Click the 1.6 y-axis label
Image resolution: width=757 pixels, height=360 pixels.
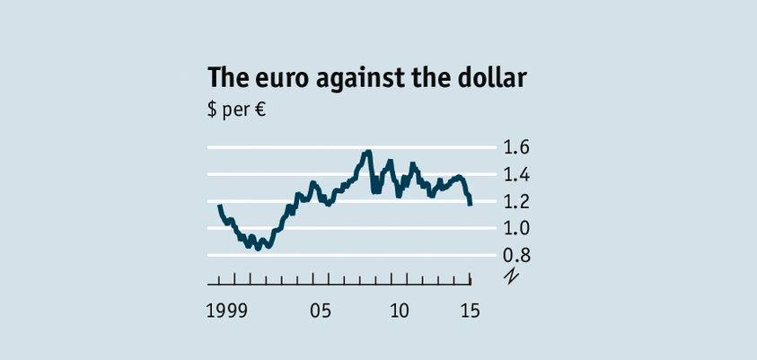516,147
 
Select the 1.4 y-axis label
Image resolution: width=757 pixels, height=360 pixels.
516,174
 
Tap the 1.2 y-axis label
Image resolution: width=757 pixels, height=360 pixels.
516,201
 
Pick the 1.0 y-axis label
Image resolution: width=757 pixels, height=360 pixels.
516,228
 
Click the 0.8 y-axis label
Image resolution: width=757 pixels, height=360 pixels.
516,255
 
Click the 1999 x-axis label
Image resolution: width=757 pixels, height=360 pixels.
226,312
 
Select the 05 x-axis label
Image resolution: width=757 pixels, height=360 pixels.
321,312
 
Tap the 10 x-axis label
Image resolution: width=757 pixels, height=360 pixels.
400,312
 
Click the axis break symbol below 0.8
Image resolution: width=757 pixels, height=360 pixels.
512,275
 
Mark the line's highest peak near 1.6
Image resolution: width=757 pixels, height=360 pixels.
367,153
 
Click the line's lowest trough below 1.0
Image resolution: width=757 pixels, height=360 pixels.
259,247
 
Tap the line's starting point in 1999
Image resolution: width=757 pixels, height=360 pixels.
220,206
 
